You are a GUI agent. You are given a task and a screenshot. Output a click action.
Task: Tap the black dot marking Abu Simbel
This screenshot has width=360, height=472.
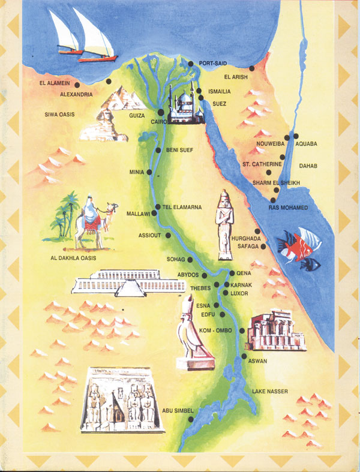click(x=191, y=419)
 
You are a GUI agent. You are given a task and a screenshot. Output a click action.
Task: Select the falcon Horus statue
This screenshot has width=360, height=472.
click(x=190, y=336)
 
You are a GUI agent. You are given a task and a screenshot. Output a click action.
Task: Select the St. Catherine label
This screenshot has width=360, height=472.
click(x=262, y=164)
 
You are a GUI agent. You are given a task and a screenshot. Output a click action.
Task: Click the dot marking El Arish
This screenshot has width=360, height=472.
click(x=252, y=69)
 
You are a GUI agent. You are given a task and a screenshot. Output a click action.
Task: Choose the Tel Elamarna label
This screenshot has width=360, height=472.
click(x=181, y=207)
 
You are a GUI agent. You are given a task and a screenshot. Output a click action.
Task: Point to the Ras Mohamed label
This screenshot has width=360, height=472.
click(x=289, y=208)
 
